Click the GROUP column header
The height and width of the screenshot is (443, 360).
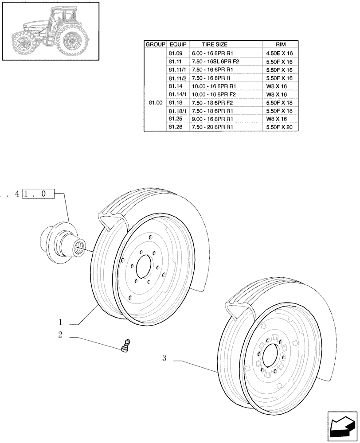pos(155,45)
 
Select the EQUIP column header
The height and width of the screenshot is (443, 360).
pos(178,45)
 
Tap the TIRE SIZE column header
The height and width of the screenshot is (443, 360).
pos(215,45)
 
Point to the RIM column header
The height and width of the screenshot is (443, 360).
pos(281,45)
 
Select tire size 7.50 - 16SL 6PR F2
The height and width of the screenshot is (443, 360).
pos(215,62)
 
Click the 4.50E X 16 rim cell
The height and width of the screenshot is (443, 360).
pos(281,53)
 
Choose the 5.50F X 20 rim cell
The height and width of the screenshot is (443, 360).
pos(281,127)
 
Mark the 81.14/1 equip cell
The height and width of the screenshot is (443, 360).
pos(178,94)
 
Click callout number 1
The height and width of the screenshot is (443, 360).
pos(61,322)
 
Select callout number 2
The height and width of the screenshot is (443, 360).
pos(61,335)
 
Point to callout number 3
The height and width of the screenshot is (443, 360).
pos(164,358)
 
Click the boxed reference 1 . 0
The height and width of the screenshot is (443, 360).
pos(38,194)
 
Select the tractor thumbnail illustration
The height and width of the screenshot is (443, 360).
pos(50,31)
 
